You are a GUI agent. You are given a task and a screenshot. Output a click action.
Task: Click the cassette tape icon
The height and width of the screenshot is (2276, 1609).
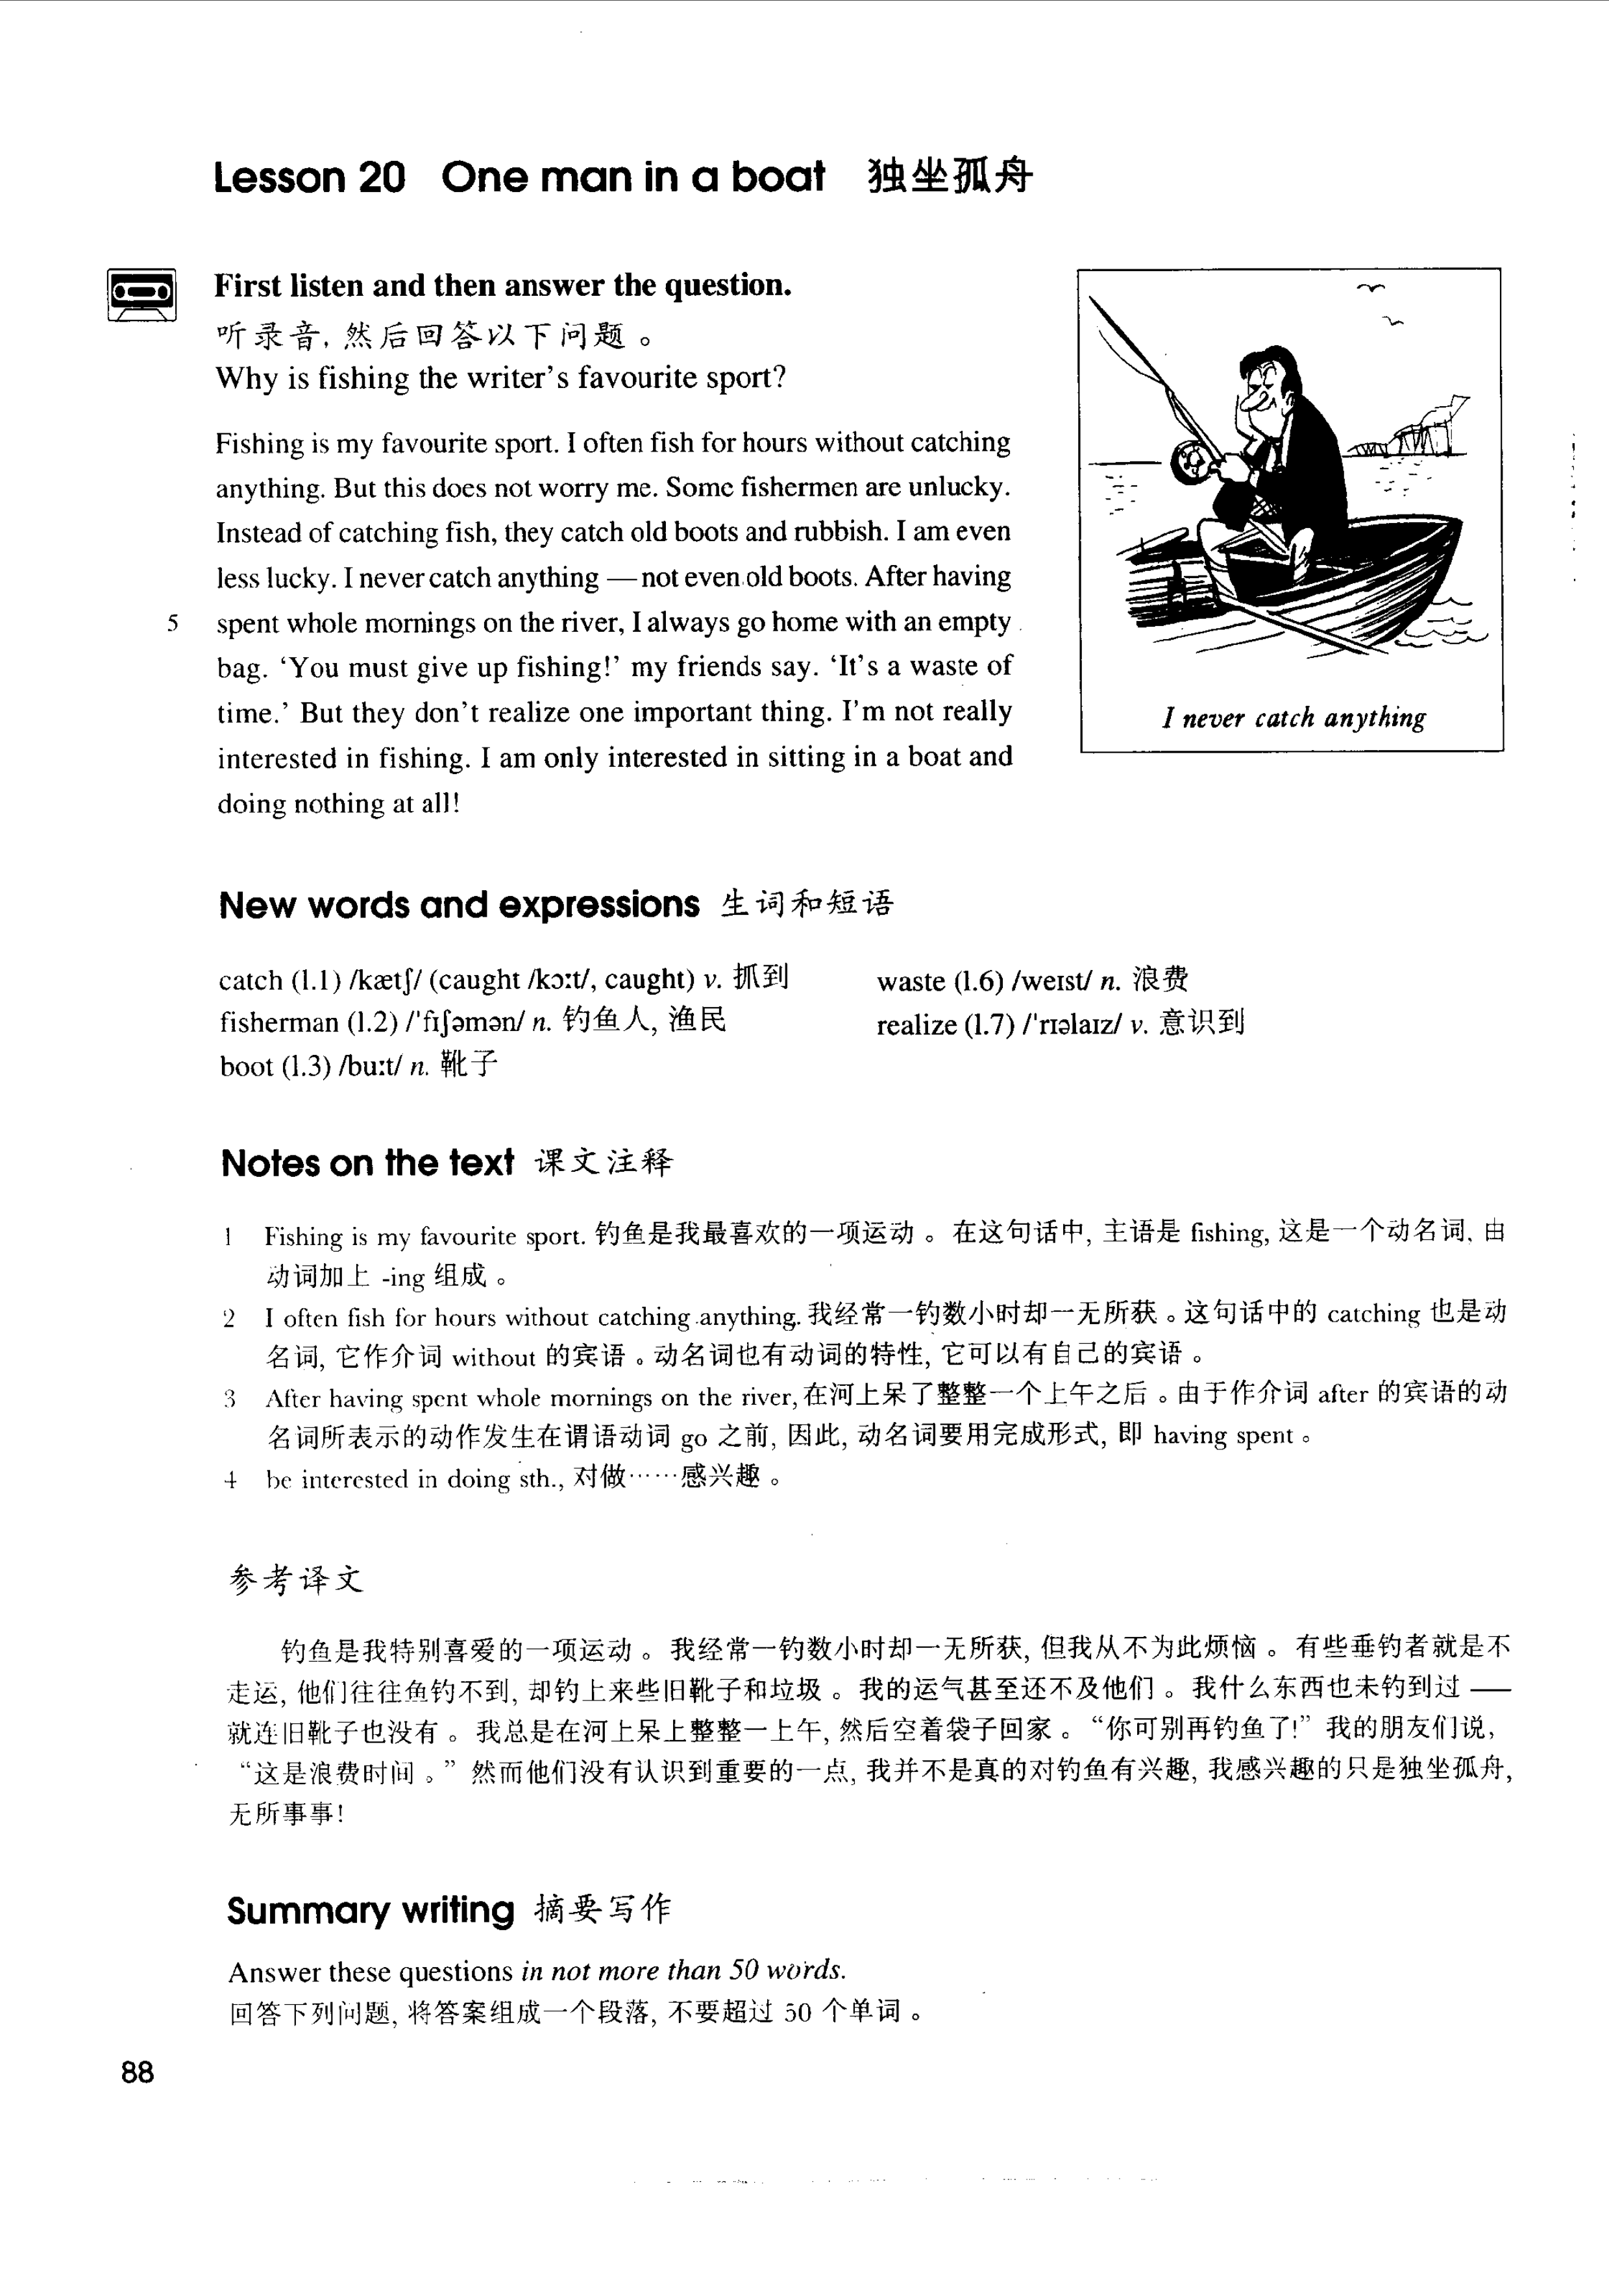point(141,295)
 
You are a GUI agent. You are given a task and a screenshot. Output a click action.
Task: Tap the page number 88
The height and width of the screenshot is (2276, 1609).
point(138,2073)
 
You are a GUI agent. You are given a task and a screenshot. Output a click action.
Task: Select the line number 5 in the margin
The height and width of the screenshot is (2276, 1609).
point(173,623)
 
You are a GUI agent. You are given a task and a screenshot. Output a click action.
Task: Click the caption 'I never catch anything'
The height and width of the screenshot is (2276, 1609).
point(1294,718)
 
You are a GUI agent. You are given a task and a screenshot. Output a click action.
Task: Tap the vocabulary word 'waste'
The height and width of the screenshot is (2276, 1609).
point(910,982)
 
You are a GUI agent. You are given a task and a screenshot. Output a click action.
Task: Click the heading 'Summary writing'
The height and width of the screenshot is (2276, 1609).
point(370,1910)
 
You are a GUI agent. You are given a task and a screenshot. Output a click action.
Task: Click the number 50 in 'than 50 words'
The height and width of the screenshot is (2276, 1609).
point(744,1970)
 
